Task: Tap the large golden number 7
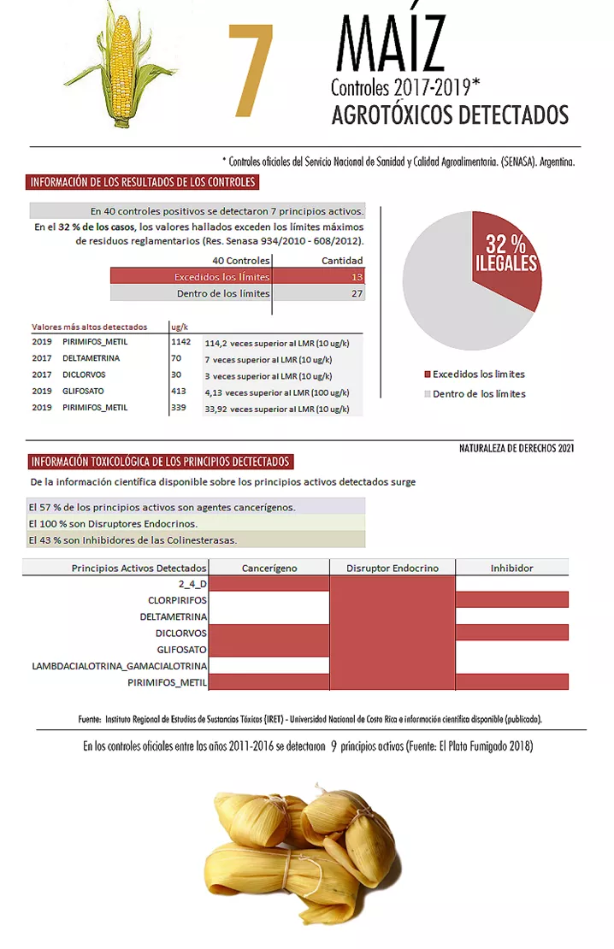(251, 72)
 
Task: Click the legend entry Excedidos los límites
(478, 374)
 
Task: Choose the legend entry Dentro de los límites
(478, 394)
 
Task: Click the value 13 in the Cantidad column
(357, 277)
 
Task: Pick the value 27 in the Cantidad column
(357, 293)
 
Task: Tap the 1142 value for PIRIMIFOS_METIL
(181, 342)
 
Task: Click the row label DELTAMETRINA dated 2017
(91, 358)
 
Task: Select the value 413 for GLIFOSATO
(178, 392)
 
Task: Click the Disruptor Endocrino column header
(393, 568)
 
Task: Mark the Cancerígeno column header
(269, 568)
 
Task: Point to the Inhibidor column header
(511, 568)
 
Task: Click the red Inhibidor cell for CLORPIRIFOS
(511, 599)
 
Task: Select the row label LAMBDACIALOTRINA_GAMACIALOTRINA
(120, 665)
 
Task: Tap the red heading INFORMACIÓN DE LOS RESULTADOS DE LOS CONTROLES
(143, 182)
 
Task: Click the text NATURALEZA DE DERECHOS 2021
(516, 448)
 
